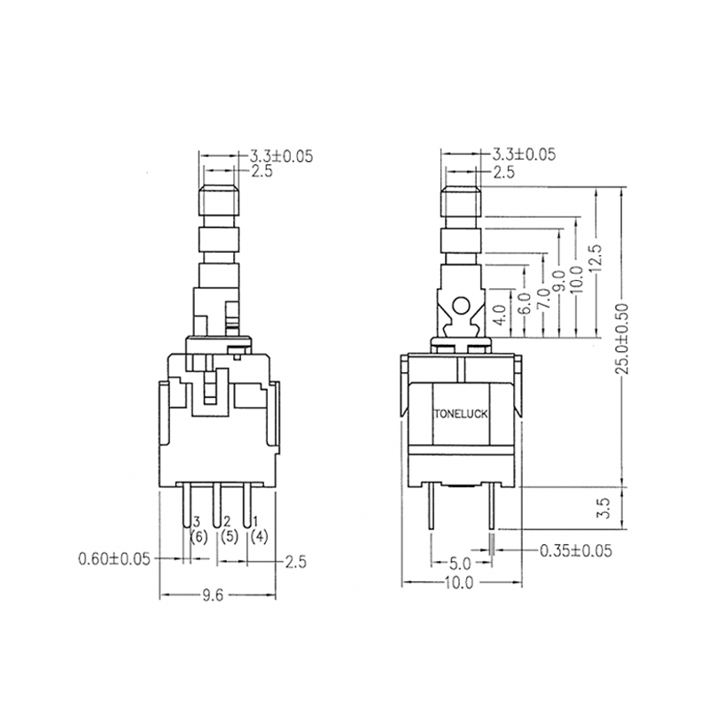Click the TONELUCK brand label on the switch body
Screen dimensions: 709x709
tap(460, 413)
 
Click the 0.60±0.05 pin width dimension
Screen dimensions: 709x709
tap(114, 558)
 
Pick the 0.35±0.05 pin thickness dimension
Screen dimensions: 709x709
tap(576, 550)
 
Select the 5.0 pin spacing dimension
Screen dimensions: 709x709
tap(460, 563)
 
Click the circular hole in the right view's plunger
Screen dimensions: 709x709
tap(460, 308)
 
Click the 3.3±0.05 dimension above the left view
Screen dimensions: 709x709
tap(278, 155)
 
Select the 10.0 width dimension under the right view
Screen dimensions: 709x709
tap(460, 582)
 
